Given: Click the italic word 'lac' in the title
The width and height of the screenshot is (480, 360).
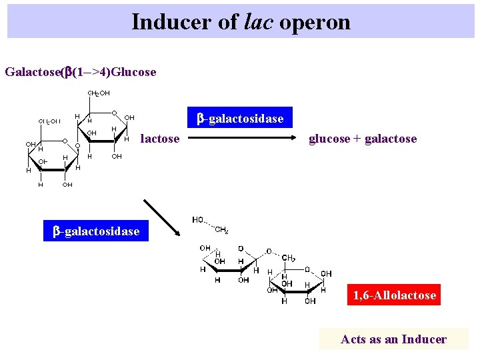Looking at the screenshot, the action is [x=260, y=22].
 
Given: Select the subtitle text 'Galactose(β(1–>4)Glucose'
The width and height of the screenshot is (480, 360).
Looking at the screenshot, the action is [x=80, y=71].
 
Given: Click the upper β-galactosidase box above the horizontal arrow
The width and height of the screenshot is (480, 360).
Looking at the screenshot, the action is [x=239, y=119].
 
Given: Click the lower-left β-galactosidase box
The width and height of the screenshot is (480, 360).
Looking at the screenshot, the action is [x=96, y=231].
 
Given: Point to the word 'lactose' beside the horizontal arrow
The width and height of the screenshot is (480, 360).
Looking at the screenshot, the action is [x=160, y=139].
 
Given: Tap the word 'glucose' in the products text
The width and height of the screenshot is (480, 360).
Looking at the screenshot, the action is [x=329, y=139].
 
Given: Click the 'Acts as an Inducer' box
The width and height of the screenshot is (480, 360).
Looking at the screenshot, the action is [x=393, y=339].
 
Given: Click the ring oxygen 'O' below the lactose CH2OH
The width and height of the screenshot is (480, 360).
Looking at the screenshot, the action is [x=115, y=113].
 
